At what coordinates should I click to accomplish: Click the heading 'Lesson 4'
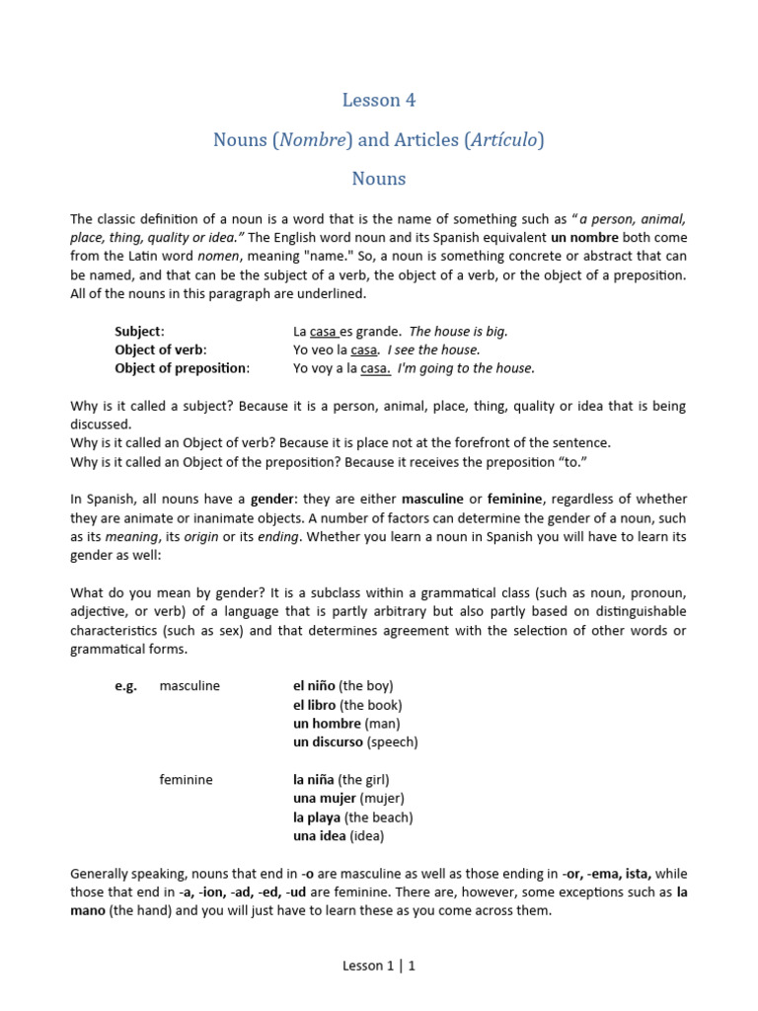[379, 100]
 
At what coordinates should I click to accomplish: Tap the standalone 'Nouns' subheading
[379, 179]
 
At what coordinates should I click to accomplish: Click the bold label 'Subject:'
[139, 332]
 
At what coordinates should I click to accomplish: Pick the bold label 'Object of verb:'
[161, 350]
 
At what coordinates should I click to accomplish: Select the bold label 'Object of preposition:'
[182, 368]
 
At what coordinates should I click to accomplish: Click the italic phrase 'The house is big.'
[458, 332]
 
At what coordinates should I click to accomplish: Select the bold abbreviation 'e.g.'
[126, 685]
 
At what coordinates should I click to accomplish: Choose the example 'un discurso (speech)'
[355, 741]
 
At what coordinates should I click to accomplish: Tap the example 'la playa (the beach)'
[352, 817]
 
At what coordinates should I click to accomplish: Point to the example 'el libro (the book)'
[347, 705]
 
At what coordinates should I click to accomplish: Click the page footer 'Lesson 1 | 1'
[379, 966]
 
